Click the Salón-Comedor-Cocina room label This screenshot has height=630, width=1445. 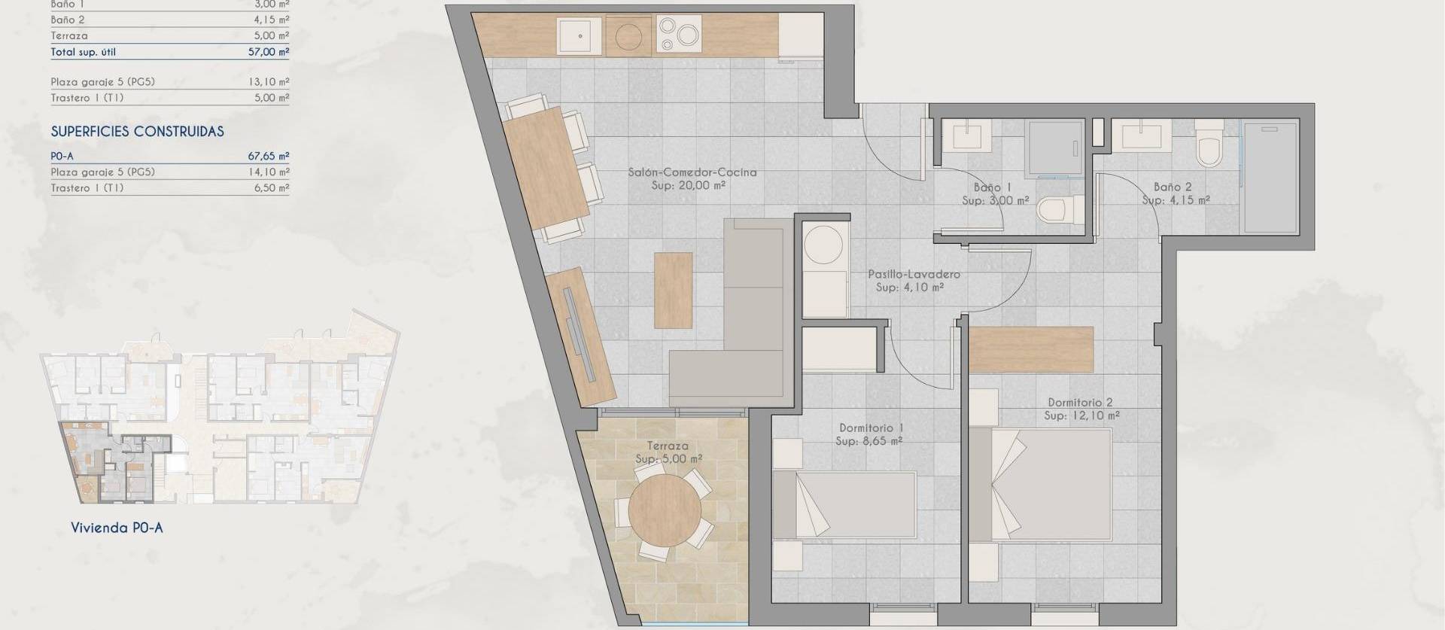tap(692, 172)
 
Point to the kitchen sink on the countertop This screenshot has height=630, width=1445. tap(580, 35)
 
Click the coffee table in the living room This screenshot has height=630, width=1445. tap(673, 290)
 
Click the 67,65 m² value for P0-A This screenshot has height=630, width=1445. tap(269, 157)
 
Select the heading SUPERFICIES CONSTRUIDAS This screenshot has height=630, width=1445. tap(137, 132)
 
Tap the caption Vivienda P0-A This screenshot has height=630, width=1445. tap(117, 528)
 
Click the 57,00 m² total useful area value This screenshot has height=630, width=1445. tap(269, 52)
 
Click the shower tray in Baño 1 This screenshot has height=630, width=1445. tap(1054, 148)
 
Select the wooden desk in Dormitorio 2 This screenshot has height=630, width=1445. tap(1030, 349)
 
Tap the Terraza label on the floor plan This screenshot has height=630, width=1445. tap(668, 446)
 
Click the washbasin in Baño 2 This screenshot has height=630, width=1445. tap(1145, 137)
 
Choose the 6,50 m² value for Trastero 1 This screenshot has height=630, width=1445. tap(272, 188)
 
